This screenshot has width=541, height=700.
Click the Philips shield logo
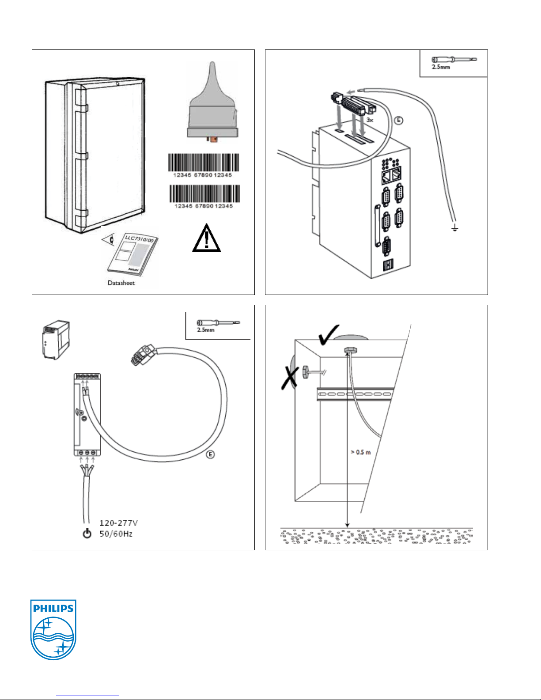53,629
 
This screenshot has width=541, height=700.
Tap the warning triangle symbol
206,239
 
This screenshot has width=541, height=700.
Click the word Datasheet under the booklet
121,283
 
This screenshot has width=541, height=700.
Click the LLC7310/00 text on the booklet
139,240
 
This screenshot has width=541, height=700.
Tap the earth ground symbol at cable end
455,228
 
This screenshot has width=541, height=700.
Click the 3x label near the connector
370,120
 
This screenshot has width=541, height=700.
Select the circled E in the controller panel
398,120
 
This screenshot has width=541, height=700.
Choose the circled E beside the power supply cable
211,454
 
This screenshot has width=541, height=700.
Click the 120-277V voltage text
118,523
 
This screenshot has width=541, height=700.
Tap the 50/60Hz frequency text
116,534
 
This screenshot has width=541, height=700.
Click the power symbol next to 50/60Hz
87,533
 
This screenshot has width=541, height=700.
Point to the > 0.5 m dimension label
361,452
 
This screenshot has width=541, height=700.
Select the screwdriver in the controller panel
454,60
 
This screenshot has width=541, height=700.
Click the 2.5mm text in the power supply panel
205,330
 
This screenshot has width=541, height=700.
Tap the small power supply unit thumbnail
56,341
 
